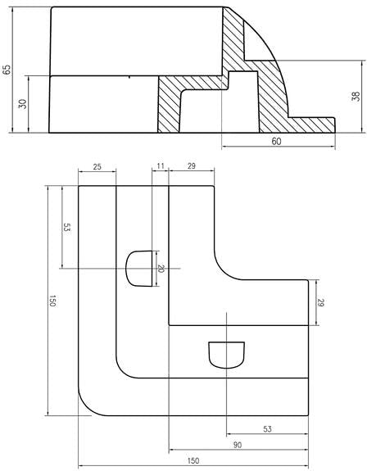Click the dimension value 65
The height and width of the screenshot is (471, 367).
click(7, 70)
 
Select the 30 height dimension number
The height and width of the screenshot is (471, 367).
click(23, 104)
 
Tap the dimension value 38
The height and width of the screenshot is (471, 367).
click(356, 97)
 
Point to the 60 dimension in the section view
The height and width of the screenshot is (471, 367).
click(276, 141)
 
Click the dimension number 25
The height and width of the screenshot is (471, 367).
click(97, 166)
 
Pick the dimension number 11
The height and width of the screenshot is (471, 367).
click(161, 165)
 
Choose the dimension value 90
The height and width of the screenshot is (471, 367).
click(238, 445)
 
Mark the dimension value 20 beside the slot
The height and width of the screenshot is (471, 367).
click(161, 269)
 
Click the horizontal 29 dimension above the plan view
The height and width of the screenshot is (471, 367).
click(192, 165)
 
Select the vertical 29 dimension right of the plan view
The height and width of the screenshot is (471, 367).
click(321, 303)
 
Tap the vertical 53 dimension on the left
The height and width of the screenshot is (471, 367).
click(66, 227)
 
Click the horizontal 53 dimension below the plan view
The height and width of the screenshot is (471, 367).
click(267, 429)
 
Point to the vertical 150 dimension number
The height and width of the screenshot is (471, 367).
click(52, 301)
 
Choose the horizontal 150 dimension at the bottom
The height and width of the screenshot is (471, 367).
click(193, 460)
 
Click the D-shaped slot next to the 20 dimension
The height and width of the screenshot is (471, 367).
click(138, 268)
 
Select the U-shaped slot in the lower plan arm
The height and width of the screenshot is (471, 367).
click(226, 355)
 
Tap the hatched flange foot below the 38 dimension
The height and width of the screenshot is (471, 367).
click(310, 125)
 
